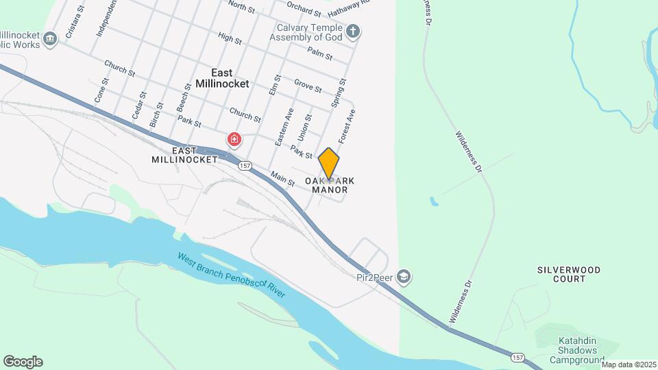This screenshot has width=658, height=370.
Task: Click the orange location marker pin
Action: tap(329, 164)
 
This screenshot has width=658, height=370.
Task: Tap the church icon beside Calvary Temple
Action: tap(353, 32)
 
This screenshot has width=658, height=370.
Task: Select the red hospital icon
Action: tap(234, 140)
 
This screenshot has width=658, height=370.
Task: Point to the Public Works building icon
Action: tap(49, 38)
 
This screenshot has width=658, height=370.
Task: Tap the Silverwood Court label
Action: tap(570, 274)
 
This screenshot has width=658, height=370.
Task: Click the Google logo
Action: tap(23, 362)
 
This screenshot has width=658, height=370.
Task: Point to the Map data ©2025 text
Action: tap(629, 365)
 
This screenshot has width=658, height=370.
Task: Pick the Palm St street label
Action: tap(320, 52)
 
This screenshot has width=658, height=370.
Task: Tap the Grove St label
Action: tap(308, 86)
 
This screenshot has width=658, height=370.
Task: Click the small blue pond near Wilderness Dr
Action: tap(434, 202)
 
